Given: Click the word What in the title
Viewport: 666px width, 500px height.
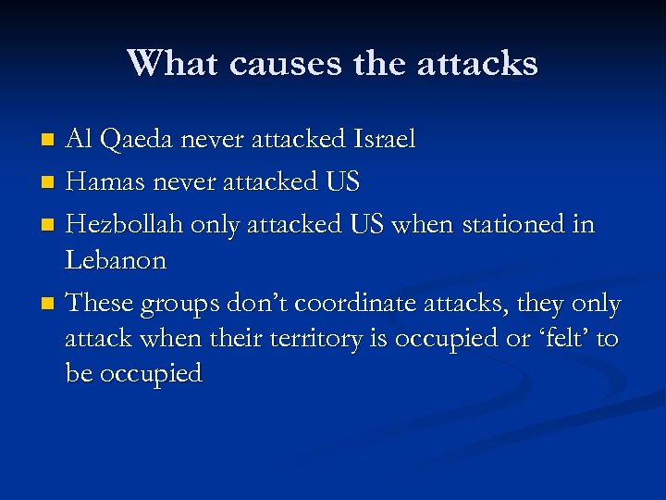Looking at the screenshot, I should click(173, 64).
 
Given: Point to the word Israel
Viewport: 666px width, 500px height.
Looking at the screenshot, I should click(384, 140).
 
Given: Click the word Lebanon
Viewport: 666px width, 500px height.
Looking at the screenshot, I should click(116, 260).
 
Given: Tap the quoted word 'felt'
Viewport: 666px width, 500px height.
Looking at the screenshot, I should click(557, 339).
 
